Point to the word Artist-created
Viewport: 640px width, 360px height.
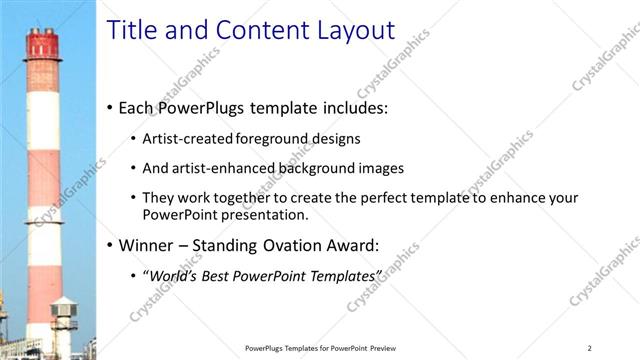pos(187,139)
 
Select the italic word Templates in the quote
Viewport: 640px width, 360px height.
pos(346,275)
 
